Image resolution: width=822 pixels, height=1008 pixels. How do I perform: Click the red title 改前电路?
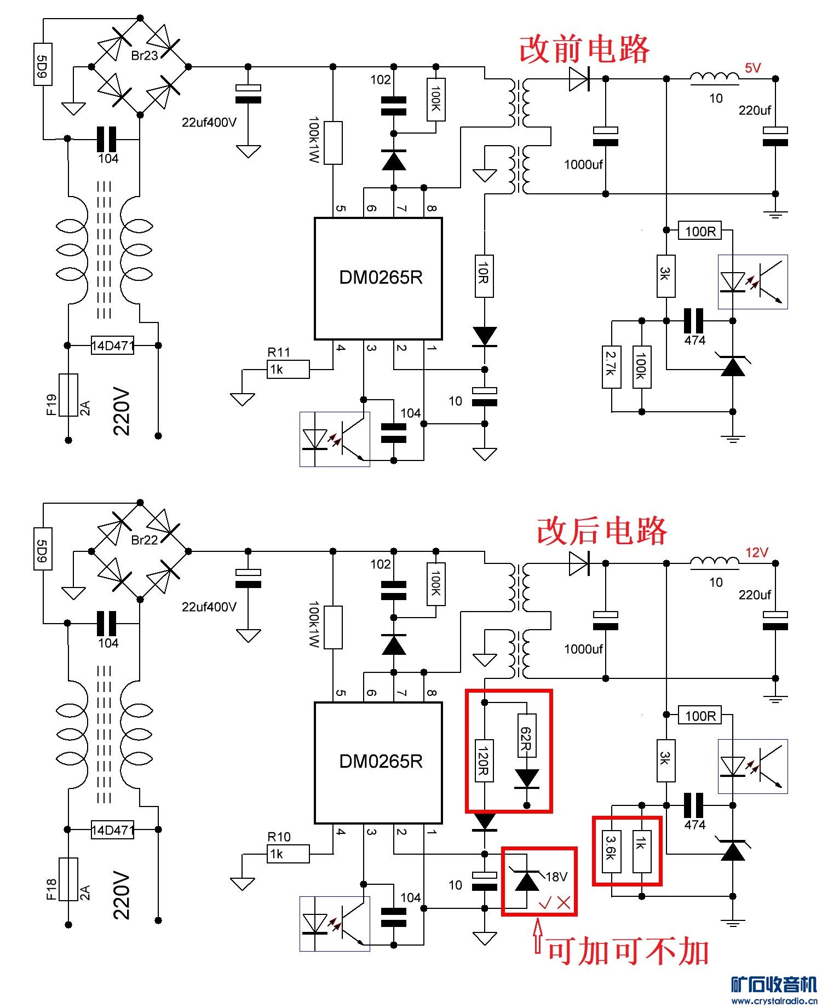(584, 49)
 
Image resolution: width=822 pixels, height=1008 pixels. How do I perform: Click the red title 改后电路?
(601, 531)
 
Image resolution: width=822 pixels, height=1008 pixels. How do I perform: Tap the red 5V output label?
(752, 68)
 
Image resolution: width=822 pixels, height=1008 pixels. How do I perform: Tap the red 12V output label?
(756, 552)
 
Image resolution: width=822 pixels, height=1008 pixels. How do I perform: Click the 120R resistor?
(484, 761)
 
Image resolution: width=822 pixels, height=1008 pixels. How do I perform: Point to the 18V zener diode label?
(556, 877)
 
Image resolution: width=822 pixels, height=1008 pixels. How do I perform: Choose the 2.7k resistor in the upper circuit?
(611, 367)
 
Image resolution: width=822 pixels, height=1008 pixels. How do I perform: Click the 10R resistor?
(484, 276)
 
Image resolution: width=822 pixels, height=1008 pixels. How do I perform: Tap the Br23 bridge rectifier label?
(145, 55)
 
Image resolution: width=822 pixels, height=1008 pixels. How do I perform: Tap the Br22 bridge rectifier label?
(145, 540)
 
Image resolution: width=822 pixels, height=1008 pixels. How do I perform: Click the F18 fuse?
(68, 879)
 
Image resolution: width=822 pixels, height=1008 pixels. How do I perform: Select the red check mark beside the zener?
(545, 904)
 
